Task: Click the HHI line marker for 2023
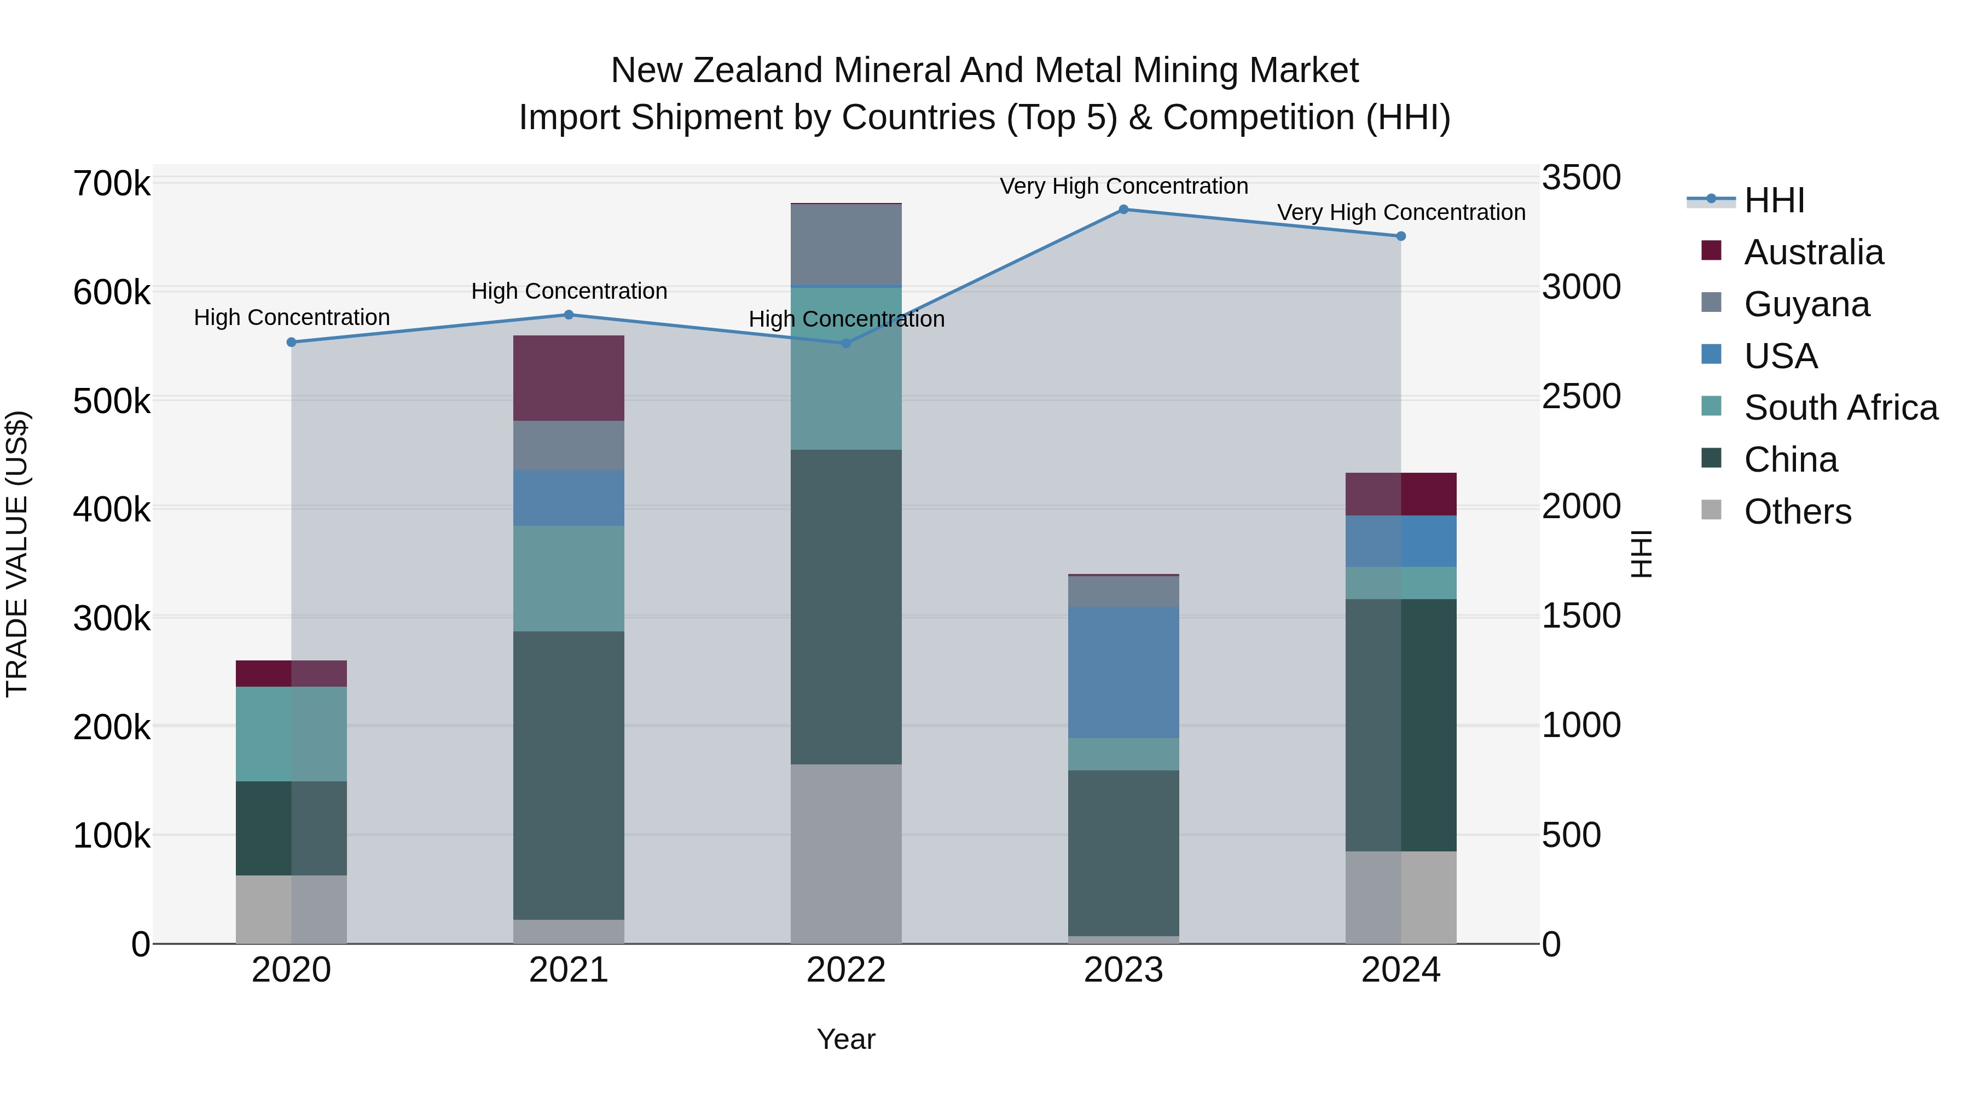(x=1123, y=210)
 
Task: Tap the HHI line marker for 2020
(x=291, y=343)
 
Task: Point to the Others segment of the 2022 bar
(x=846, y=854)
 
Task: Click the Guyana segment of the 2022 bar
(x=846, y=245)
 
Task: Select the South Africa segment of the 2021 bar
(x=568, y=578)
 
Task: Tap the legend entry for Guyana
(x=1806, y=304)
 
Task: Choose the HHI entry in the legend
(x=1774, y=200)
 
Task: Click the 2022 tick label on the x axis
(x=846, y=970)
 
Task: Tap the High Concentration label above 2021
(x=569, y=291)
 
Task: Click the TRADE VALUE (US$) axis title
(x=17, y=554)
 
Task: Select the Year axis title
(x=846, y=1039)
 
